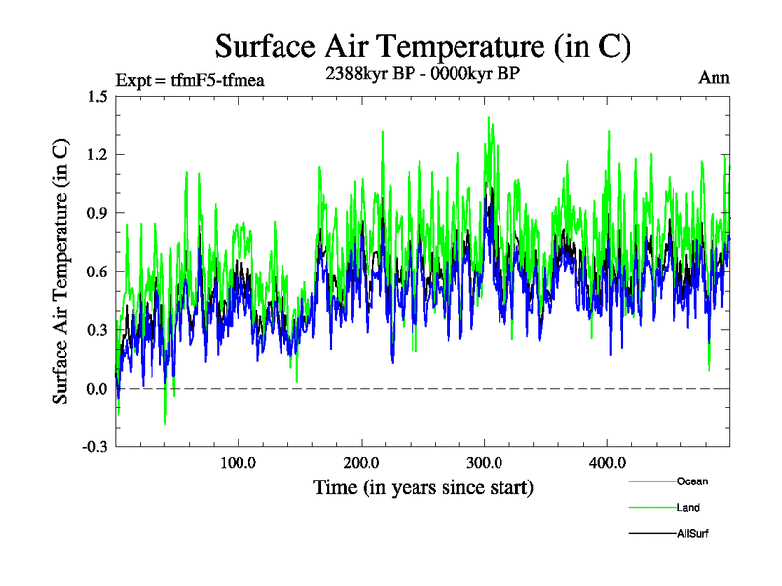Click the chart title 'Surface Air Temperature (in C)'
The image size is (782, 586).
pyautogui.click(x=422, y=46)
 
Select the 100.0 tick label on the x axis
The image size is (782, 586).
pyautogui.click(x=238, y=462)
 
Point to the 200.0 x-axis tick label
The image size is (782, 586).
pyautogui.click(x=361, y=462)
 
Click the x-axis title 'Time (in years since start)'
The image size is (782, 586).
pyautogui.click(x=422, y=485)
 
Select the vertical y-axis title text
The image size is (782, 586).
pyautogui.click(x=61, y=272)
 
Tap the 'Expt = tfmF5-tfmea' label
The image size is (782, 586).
pyautogui.click(x=190, y=79)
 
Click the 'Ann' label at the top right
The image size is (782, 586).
pyautogui.click(x=714, y=77)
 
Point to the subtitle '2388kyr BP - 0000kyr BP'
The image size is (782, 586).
pyautogui.click(x=422, y=72)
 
